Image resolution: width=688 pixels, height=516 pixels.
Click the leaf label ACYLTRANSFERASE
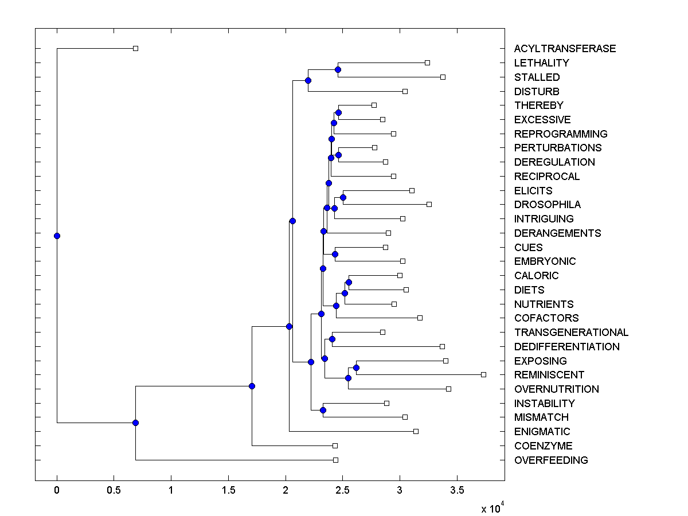click(565, 49)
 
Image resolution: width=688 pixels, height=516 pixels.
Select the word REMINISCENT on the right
click(549, 375)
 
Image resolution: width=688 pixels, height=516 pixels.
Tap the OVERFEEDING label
click(550, 460)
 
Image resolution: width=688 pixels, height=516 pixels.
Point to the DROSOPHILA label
click(547, 205)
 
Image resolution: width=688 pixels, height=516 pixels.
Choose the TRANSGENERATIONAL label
click(571, 333)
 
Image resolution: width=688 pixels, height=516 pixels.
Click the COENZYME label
click(543, 446)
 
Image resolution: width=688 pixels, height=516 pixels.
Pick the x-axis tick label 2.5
click(342, 491)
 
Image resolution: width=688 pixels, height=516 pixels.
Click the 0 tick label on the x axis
click(57, 491)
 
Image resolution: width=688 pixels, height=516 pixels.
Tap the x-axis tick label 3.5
click(457, 491)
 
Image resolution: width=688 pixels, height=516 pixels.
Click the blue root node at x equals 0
click(57, 236)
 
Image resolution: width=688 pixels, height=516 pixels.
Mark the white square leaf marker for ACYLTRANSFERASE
click(135, 49)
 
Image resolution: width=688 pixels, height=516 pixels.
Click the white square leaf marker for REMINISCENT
click(483, 374)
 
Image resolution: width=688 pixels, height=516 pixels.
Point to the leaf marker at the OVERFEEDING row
click(335, 460)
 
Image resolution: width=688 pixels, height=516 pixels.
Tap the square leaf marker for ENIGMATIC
click(416, 431)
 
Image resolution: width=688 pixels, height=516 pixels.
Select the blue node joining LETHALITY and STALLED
click(338, 69)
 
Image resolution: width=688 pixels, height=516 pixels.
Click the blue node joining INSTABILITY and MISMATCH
click(323, 410)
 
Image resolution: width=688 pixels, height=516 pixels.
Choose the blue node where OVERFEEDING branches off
click(135, 423)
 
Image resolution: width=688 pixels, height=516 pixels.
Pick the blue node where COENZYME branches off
click(252, 386)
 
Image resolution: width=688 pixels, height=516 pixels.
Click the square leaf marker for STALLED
click(443, 77)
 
